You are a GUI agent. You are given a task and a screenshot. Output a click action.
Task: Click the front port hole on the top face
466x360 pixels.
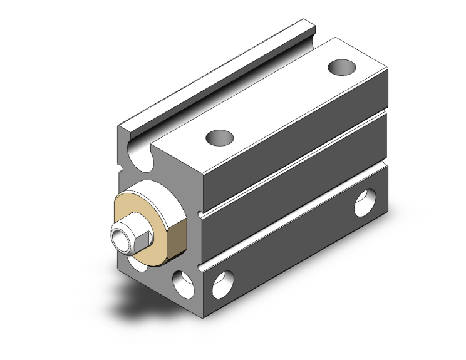219,136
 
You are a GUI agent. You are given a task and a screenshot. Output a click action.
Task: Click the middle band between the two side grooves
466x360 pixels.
294,194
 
